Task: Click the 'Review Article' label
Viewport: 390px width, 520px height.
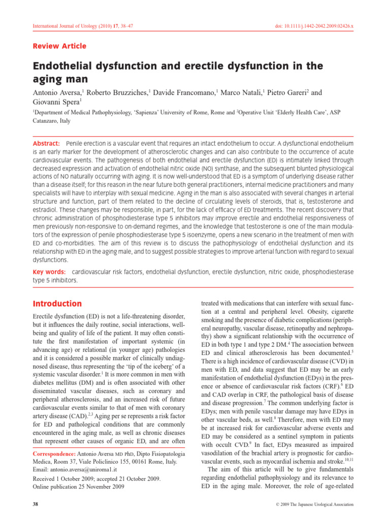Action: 60,46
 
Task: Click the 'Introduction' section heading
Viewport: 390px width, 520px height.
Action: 57,304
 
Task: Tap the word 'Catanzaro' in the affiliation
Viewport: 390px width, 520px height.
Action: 49,122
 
